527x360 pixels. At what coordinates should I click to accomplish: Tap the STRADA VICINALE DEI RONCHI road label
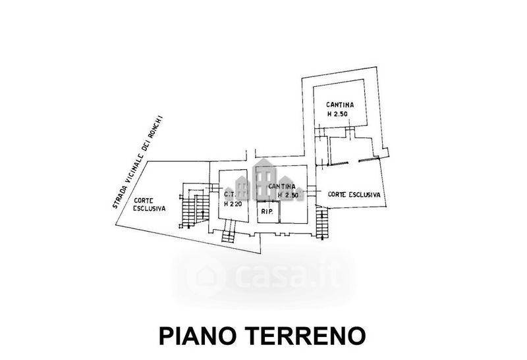coord(137,162)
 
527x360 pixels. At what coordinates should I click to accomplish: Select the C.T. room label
coord(230,194)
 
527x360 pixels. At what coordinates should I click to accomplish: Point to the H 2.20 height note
coord(233,203)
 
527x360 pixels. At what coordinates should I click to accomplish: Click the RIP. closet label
coord(266,212)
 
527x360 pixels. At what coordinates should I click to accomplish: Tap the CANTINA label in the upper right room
coord(340,105)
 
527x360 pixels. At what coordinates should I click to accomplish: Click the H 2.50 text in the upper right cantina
coord(337,114)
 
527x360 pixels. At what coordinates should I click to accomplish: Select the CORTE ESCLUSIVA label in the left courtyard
coord(150,204)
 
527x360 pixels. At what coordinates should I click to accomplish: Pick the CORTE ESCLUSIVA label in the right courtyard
coord(354,194)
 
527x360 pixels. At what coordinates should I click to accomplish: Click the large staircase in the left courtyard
coord(194,205)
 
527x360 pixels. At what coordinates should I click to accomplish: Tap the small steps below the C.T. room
coord(228,230)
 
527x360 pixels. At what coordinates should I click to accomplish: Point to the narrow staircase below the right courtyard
coord(322,222)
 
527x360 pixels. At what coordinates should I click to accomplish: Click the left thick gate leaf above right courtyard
coord(338,163)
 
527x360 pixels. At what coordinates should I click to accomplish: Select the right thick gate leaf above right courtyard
coord(369,159)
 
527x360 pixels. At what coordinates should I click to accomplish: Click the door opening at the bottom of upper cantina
coord(350,132)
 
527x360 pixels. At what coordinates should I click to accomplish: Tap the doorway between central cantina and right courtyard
coord(312,190)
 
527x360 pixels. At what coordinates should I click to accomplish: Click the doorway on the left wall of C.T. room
coord(214,188)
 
